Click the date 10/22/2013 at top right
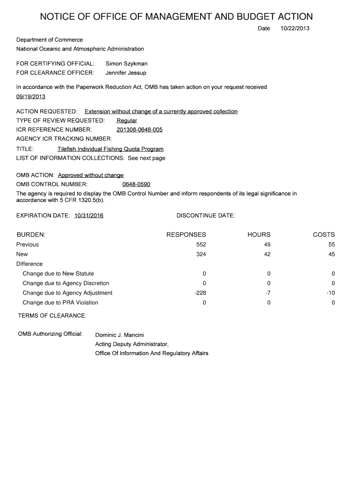coord(295,29)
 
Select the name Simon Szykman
coord(127,63)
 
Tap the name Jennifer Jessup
coord(126,73)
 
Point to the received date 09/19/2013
coord(31,96)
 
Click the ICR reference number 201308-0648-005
coord(139,130)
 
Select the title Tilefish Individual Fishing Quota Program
coord(110,149)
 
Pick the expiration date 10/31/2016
coord(89,216)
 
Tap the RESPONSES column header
coord(186,234)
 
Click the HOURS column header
coord(259,234)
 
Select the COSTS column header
coord(324,234)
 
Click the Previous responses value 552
coord(202,245)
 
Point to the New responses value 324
coord(202,254)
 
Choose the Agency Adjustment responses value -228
coord(200,293)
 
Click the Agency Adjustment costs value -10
coord(331,293)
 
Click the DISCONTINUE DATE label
coord(206,216)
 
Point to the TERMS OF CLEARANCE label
coord(52,316)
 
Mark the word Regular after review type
coord(127,121)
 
